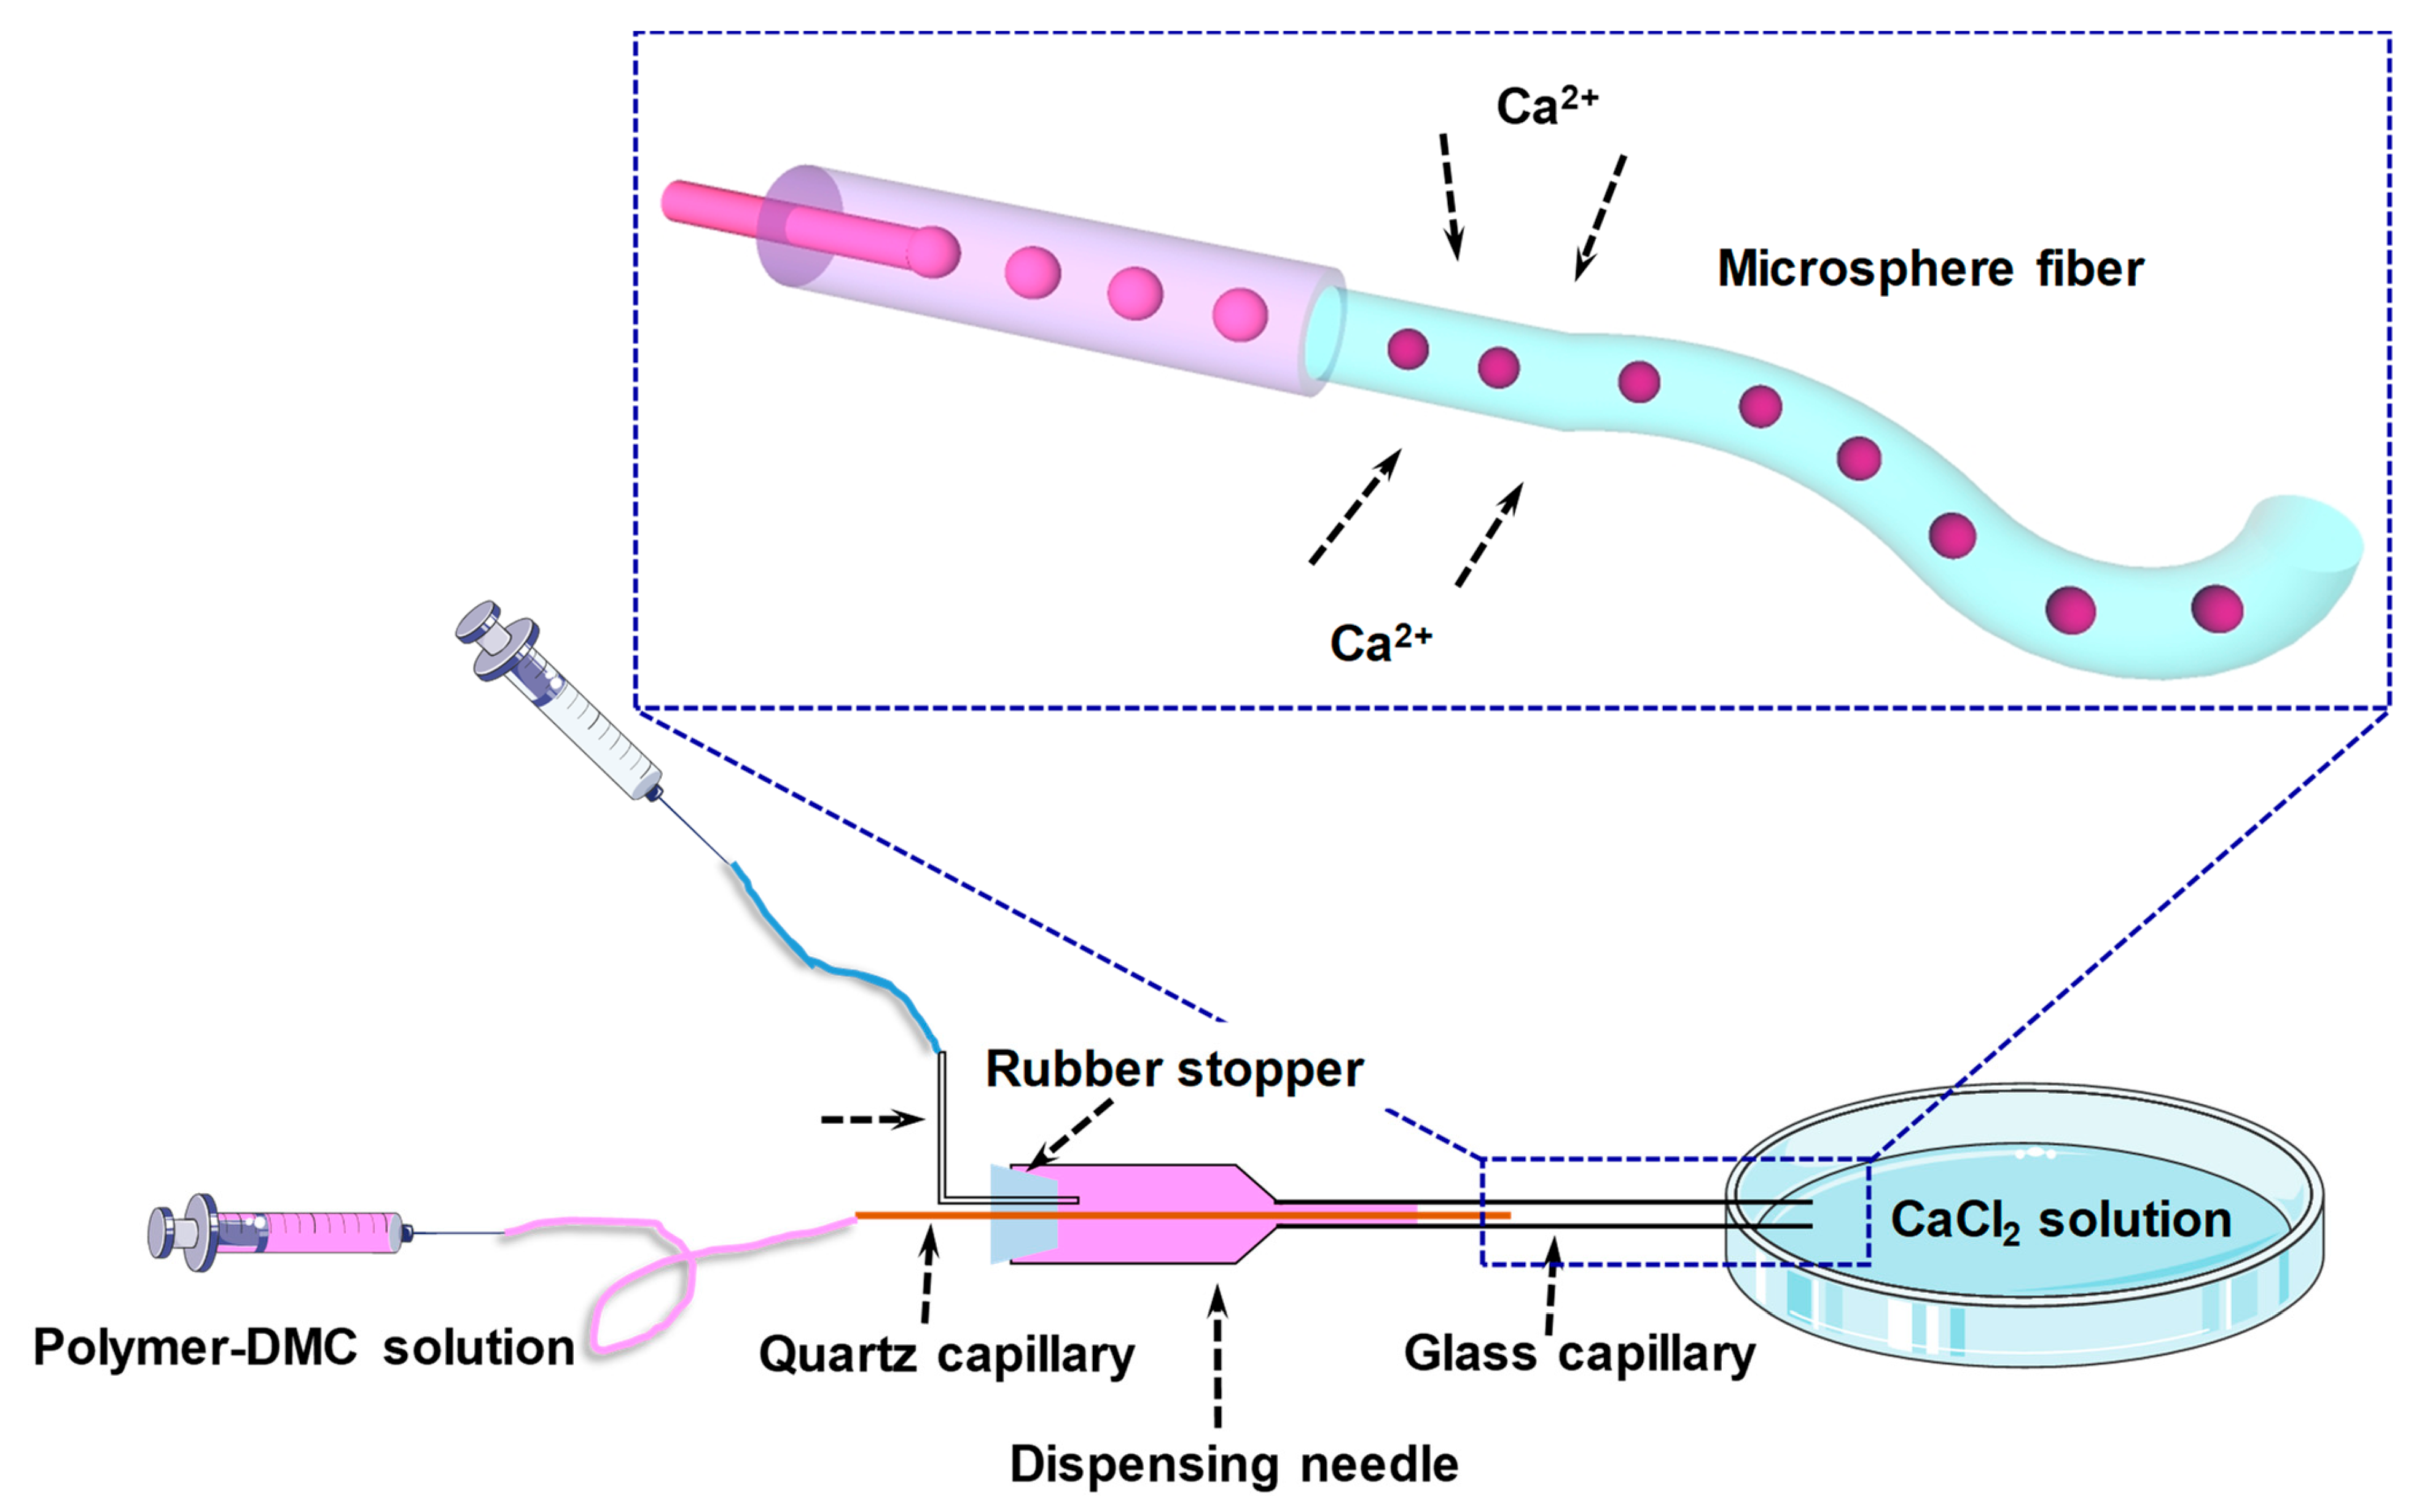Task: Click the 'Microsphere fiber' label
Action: click(1929, 270)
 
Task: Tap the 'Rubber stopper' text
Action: click(1174, 1070)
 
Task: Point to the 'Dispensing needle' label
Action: click(1233, 1464)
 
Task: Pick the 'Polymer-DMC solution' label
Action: click(304, 1348)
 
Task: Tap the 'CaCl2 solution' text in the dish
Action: click(2061, 1220)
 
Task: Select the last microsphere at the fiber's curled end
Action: click(2217, 609)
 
